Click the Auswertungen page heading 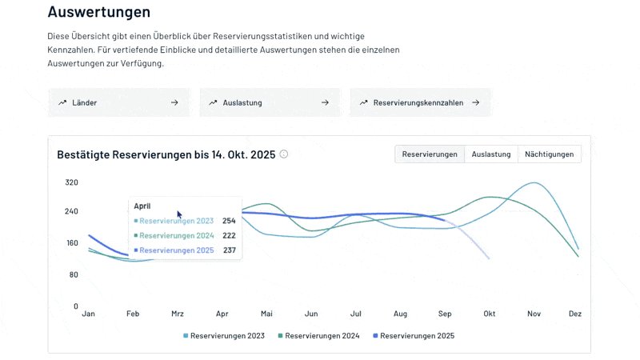(98, 12)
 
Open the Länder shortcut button (118, 102)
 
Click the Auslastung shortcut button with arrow (269, 102)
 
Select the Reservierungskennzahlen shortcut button (419, 102)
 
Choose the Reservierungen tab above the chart (430, 154)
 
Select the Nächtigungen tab (549, 154)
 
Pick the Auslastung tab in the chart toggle (490, 154)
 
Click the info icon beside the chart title (284, 154)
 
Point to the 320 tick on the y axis (71, 182)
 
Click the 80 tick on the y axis (73, 275)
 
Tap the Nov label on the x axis (534, 314)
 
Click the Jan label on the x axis (89, 314)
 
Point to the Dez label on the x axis (574, 314)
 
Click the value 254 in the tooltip (229, 221)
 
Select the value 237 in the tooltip (229, 250)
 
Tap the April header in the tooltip (142, 206)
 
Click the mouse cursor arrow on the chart (179, 214)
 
